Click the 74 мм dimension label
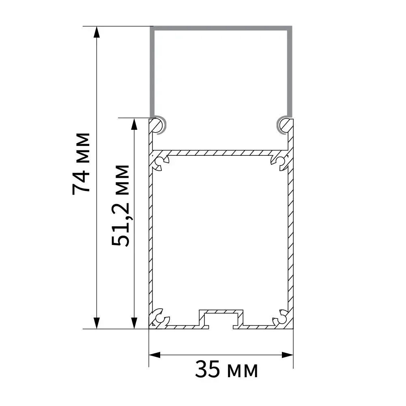coord(81,164)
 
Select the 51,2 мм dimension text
coord(120,205)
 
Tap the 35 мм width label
coord(226,369)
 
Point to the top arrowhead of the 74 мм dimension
coord(97,32)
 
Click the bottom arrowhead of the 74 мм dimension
coord(97,323)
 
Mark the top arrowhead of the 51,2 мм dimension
coord(134,124)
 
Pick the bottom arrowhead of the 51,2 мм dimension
coord(134,323)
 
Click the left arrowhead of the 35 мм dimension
coord(155,355)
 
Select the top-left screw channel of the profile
coord(161,163)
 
